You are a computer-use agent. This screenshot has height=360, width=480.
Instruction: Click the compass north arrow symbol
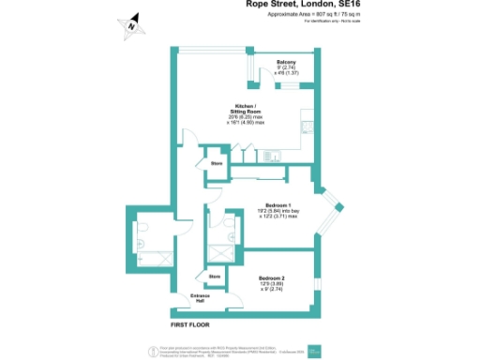point(131,26)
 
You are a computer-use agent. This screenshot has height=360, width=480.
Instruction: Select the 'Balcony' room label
point(286,65)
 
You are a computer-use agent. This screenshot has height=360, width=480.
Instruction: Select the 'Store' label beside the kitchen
point(216,164)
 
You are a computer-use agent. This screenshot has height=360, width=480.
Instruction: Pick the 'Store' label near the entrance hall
point(214,277)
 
